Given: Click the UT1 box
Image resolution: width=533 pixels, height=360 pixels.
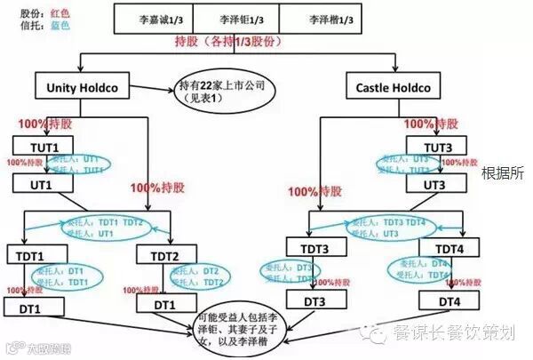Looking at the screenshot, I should pos(40,184).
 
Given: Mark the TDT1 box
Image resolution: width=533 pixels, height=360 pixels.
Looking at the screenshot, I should pos(32,254).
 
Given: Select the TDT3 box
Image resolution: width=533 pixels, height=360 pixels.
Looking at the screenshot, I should pos(315,248).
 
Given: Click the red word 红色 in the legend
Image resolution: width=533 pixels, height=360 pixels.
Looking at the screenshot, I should pos(60,14).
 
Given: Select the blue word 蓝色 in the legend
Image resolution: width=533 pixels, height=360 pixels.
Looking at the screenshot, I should pos(60,28).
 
